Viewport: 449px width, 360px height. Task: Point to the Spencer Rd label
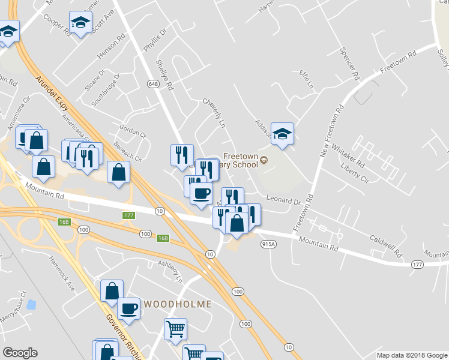pos(349,65)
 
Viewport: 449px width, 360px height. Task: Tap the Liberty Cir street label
pos(354,172)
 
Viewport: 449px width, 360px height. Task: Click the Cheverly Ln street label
pos(213,113)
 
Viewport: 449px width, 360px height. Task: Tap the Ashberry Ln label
pos(169,271)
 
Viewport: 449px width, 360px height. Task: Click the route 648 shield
pos(153,86)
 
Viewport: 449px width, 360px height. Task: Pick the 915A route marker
pos(268,244)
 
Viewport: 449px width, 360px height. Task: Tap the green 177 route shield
pos(128,216)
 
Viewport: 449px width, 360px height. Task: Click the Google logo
pos(20,353)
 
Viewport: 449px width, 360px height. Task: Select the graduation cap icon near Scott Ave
pos(79,23)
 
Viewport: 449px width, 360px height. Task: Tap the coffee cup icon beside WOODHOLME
pos(128,308)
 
